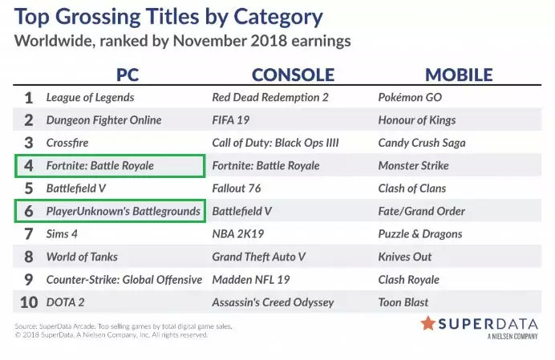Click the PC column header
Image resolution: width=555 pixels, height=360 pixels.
[128, 75]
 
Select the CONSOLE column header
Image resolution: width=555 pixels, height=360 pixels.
[293, 75]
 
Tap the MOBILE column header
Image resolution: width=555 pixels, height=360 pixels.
[459, 75]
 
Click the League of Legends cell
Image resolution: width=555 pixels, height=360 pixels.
[91, 98]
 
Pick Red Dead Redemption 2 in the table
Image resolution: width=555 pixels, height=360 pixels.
[270, 97]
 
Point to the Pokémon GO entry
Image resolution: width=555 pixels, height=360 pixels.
[410, 97]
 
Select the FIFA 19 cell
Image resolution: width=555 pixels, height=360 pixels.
[231, 120]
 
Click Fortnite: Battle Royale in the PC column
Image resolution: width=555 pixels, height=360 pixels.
[100, 166]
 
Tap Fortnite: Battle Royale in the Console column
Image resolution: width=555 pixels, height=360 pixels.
[265, 166]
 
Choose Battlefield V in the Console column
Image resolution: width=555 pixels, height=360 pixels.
[241, 212]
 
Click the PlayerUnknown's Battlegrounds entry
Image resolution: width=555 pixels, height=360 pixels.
[124, 212]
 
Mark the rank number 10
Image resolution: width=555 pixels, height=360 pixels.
[29, 302]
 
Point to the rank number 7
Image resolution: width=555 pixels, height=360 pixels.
[29, 234]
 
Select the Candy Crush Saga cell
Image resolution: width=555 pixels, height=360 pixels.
[422, 143]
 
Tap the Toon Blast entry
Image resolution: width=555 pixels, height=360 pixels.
[403, 302]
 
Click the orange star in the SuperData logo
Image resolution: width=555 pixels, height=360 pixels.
[428, 323]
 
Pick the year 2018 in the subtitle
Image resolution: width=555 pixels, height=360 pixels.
[269, 41]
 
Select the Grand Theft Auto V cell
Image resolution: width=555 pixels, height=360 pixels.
[259, 257]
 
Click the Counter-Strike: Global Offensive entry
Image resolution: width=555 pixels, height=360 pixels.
[124, 280]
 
